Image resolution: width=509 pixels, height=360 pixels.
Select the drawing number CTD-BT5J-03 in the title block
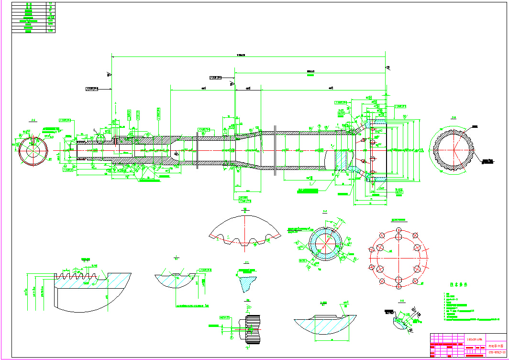[x=496, y=353]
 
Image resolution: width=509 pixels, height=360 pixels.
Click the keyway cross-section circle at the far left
[x=33, y=150]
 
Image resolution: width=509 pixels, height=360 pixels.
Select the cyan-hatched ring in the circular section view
[x=325, y=244]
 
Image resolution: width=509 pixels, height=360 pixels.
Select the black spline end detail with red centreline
[x=252, y=329]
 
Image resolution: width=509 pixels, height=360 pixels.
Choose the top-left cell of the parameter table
[x=29, y=4]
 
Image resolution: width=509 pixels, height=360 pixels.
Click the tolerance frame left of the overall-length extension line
[x=92, y=89]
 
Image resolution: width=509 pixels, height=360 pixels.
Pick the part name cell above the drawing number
[x=496, y=345]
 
